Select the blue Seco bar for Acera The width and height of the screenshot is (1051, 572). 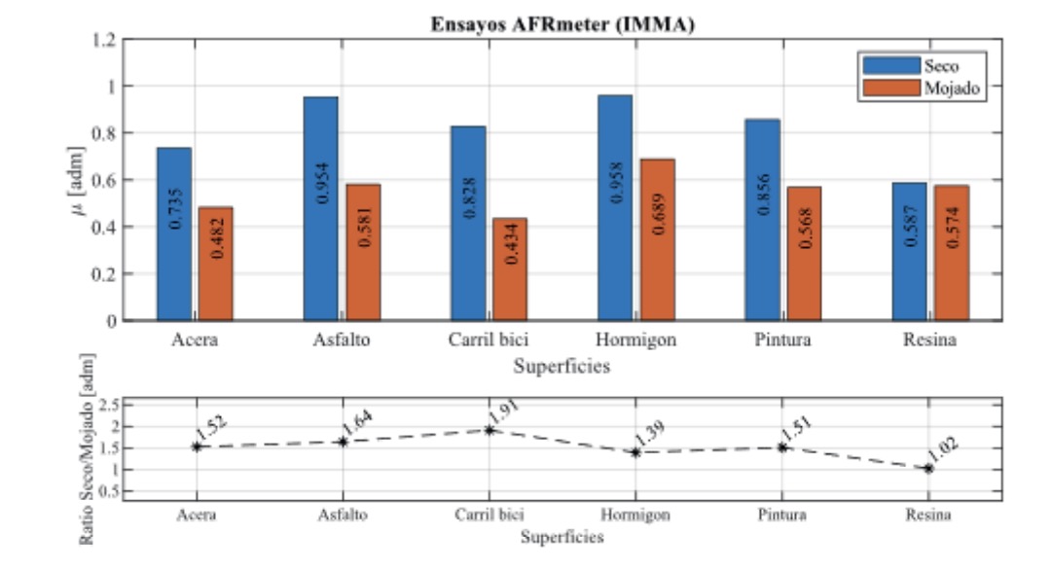pos(174,233)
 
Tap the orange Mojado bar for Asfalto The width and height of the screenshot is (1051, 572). pos(363,252)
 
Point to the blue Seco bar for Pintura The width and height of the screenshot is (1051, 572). pos(762,220)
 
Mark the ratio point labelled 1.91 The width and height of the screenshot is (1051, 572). pos(489,429)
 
